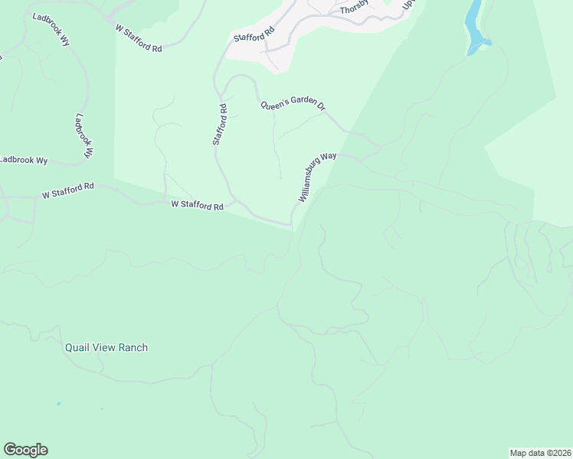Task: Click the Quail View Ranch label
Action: (106, 347)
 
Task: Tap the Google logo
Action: (25, 450)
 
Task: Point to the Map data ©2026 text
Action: (540, 452)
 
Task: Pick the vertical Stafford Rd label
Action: (220, 125)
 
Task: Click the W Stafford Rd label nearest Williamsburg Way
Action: (197, 205)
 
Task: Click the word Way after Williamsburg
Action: (329, 159)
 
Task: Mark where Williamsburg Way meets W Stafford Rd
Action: (292, 226)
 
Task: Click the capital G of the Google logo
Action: (10, 449)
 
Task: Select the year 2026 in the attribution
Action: (559, 452)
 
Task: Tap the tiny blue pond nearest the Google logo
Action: (58, 403)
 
